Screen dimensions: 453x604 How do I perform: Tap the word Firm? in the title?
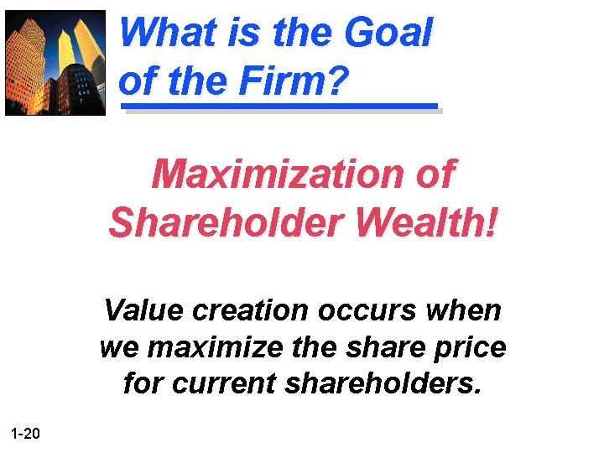293,82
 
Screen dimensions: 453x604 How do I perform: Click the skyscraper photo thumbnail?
55,62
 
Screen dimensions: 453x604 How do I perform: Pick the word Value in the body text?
143,310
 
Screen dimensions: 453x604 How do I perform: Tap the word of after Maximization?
434,174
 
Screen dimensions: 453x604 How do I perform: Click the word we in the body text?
117,347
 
